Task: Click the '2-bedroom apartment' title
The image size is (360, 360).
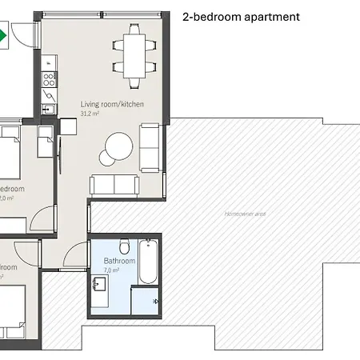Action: (x=242, y=16)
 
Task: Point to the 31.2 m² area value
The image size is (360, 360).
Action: (x=90, y=114)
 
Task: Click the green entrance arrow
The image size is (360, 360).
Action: (x=2, y=35)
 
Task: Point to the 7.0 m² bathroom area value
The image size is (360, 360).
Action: (x=111, y=271)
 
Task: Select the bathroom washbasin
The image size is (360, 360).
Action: (x=100, y=285)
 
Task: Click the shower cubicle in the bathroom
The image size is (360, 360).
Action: (x=146, y=300)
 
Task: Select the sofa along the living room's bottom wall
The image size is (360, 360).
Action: (x=114, y=185)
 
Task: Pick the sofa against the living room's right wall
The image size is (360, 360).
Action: (x=150, y=147)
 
